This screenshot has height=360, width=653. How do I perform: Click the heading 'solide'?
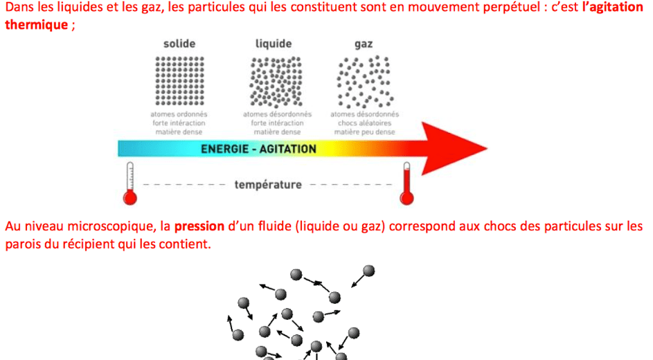tap(179, 44)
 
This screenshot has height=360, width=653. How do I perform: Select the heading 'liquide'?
tap(274, 44)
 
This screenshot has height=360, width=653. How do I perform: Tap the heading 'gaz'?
tap(364, 44)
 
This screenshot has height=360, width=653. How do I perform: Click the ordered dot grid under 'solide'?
tap(179, 80)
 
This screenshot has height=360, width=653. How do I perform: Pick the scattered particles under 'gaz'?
tap(364, 80)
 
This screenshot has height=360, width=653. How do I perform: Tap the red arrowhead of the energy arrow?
tap(457, 147)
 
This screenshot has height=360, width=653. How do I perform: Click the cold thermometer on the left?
tap(129, 186)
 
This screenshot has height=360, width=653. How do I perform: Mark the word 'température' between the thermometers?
tap(268, 185)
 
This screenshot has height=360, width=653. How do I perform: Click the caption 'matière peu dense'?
tap(364, 132)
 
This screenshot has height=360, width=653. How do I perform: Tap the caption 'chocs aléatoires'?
tap(364, 123)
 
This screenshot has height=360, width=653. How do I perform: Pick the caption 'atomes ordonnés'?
tap(179, 114)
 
